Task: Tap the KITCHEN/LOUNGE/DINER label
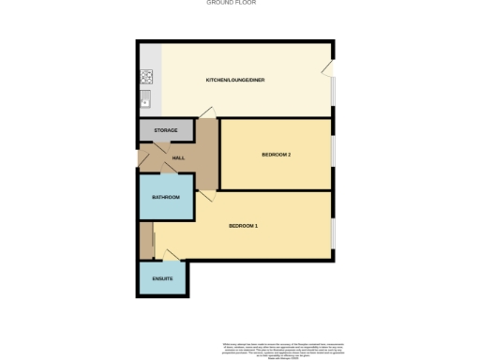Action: (235, 80)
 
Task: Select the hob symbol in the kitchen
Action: (147, 77)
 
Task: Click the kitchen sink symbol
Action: (147, 96)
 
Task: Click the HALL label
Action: (178, 157)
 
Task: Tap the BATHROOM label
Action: (166, 197)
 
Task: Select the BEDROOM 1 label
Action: (244, 226)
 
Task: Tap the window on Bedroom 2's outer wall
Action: (333, 155)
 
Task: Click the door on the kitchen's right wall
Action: (327, 68)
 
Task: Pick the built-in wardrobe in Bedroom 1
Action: (145, 240)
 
